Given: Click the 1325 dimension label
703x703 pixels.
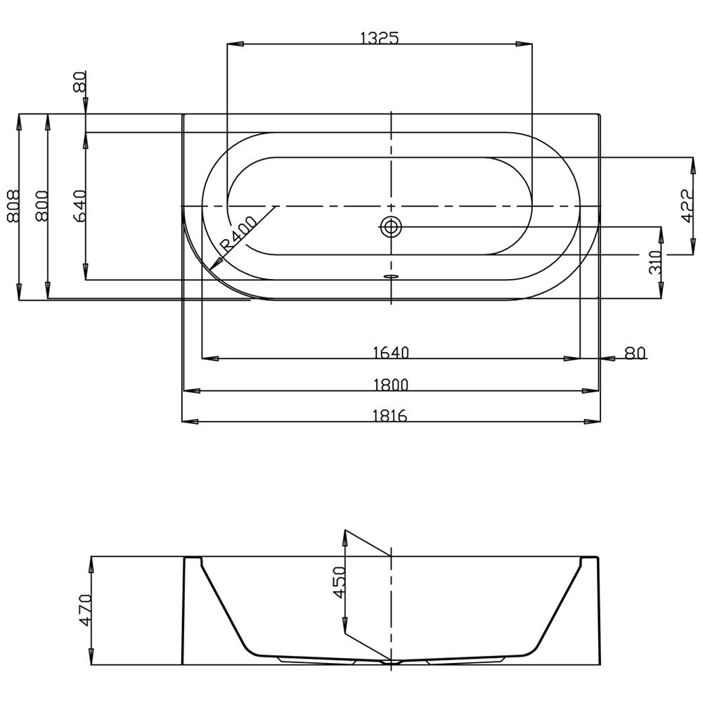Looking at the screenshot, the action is [x=380, y=39].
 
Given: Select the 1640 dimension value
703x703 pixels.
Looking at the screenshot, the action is [x=391, y=353].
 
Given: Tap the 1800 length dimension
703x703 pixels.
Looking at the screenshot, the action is [x=391, y=385].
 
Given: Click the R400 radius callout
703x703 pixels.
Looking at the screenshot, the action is [x=238, y=233].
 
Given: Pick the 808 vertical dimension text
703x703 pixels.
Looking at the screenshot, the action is [x=13, y=206].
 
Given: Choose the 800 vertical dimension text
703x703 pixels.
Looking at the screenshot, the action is [x=41, y=206].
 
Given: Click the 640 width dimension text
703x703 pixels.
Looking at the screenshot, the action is [x=79, y=206].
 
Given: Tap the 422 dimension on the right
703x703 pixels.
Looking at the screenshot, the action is [x=688, y=206].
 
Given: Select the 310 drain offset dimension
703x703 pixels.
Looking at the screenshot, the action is [x=655, y=263].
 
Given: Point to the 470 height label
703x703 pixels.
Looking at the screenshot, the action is [x=85, y=610].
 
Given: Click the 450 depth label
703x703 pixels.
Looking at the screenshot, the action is [x=340, y=582].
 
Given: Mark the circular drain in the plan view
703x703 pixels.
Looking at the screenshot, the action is [x=391, y=226].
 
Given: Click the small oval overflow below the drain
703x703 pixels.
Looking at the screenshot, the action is [x=392, y=276].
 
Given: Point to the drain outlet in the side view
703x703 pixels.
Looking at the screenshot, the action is [x=392, y=662].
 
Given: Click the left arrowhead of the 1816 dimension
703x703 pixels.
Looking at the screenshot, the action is [x=190, y=422].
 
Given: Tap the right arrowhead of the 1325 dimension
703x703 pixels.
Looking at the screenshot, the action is [x=524, y=44].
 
